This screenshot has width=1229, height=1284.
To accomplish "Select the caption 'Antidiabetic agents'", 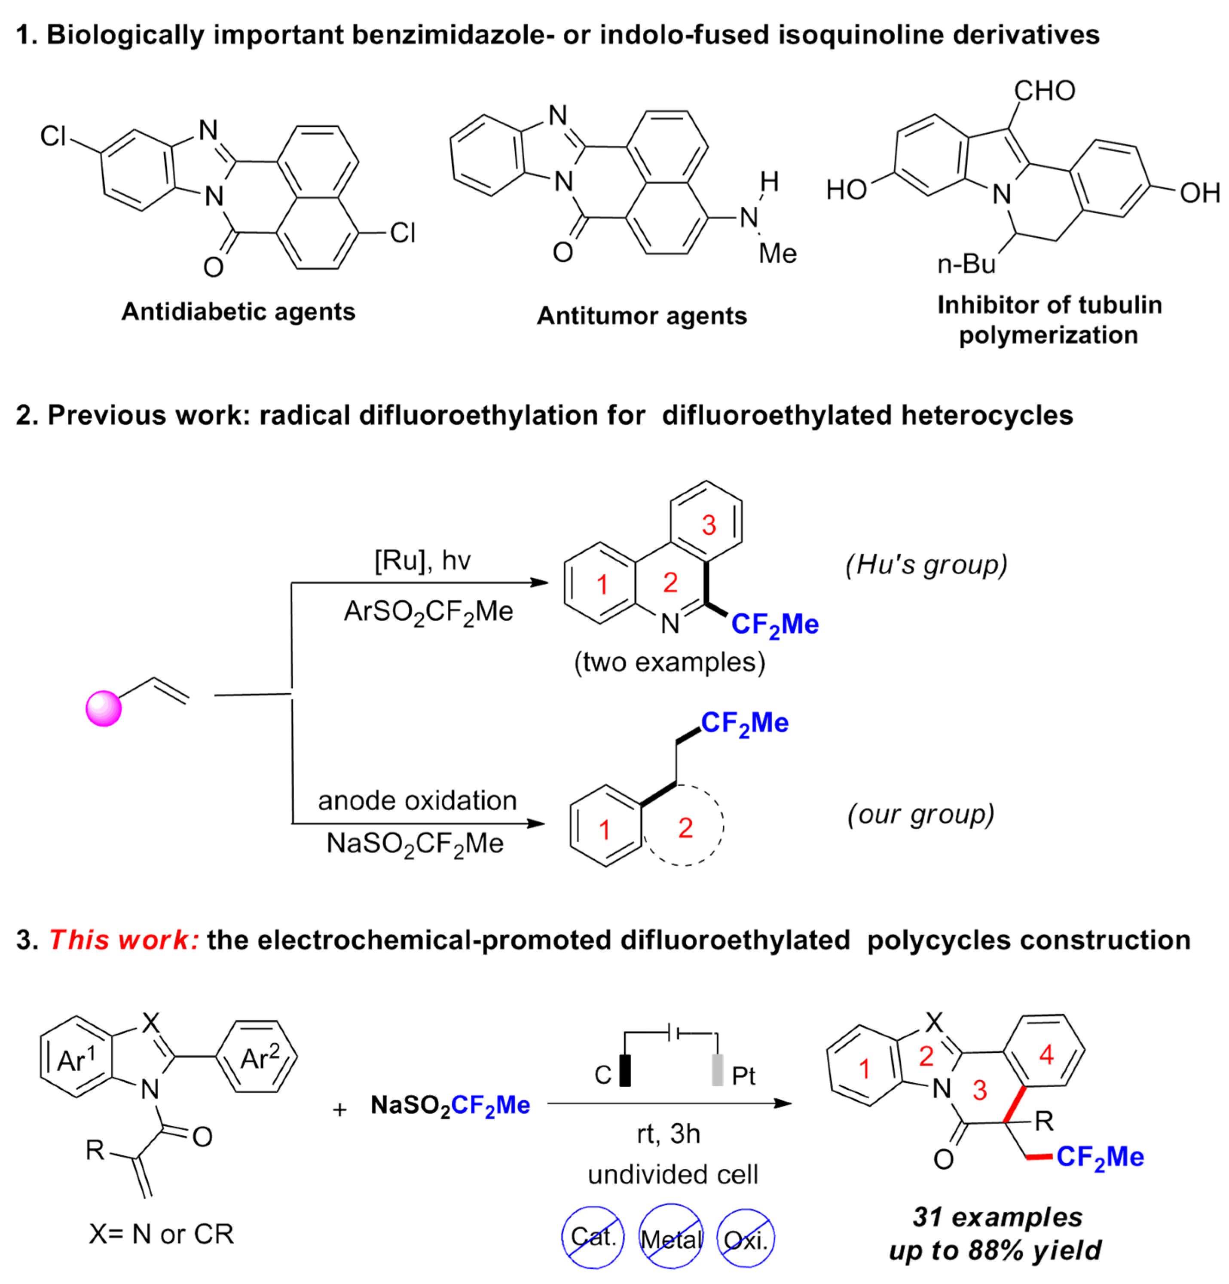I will click(238, 311).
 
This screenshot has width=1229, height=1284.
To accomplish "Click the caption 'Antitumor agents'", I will click(642, 316).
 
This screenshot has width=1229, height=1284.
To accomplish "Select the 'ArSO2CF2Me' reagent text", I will click(428, 612).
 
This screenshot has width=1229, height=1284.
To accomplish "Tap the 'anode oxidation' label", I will click(417, 800).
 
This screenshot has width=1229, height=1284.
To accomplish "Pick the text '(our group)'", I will click(920, 814).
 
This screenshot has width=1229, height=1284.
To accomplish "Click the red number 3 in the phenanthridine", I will click(709, 525).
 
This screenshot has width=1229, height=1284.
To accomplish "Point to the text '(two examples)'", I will click(669, 662).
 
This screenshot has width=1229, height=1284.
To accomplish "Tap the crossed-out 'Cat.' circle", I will click(593, 1235).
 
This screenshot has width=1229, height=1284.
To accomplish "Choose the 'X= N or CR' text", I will click(161, 1234).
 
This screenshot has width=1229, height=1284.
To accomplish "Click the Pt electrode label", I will click(743, 1076).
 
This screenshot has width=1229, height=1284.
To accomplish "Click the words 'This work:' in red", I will click(124, 939).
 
